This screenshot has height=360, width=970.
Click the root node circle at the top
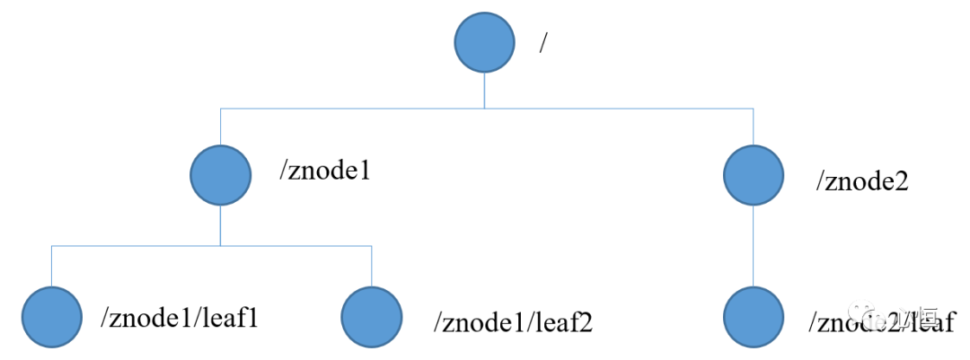click(x=485, y=43)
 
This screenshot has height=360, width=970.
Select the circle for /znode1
click(x=221, y=174)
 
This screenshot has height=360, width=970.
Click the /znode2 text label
click(x=862, y=181)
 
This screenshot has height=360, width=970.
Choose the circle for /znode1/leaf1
click(x=52, y=316)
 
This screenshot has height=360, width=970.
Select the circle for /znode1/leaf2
click(x=372, y=316)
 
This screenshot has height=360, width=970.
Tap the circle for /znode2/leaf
click(x=754, y=316)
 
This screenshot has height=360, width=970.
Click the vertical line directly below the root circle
click(x=485, y=91)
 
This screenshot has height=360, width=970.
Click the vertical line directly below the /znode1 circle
click(x=221, y=224)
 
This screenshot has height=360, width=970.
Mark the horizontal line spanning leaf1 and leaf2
click(x=212, y=245)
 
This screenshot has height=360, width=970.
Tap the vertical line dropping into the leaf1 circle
click(x=52, y=265)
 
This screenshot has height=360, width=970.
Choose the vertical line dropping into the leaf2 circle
click(x=372, y=265)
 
